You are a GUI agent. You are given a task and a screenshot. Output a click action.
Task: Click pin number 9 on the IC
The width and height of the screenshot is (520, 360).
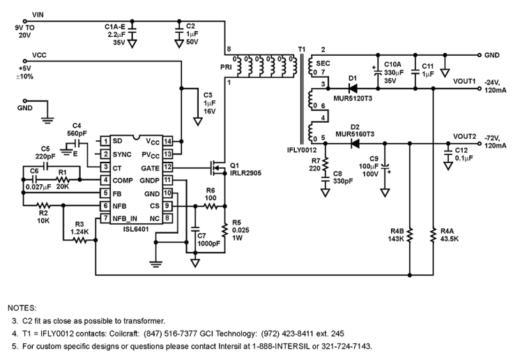[168, 206]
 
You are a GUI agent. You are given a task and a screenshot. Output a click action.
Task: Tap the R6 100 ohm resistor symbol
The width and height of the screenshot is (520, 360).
[210, 207]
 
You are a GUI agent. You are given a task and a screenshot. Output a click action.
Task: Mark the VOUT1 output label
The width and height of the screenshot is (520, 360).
[464, 80]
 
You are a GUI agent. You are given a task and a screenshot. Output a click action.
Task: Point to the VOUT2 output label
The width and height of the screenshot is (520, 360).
[464, 135]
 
